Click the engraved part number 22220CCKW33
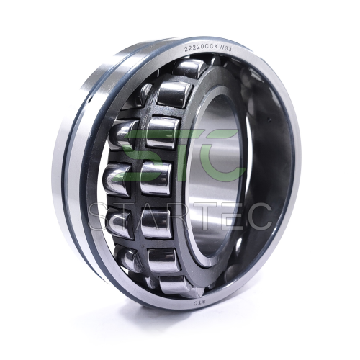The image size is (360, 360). (207, 48)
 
